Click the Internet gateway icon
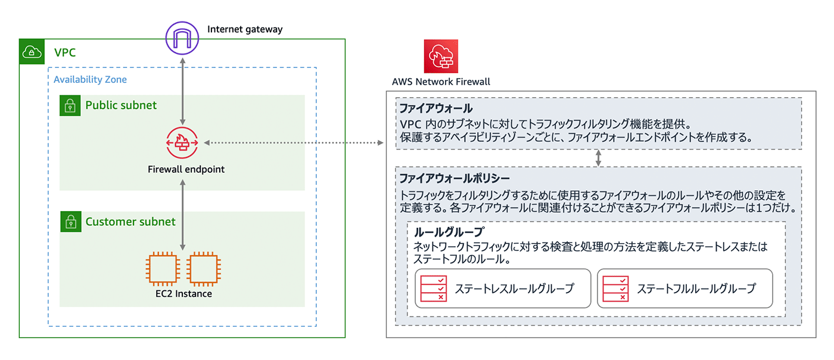tap(182, 38)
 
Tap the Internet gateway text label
tap(245, 29)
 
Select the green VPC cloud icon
tap(32, 52)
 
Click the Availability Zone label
tap(90, 79)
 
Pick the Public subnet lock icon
tap(70, 105)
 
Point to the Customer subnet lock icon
tap(71, 222)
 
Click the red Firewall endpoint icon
tap(182, 142)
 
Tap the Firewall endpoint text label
tap(186, 169)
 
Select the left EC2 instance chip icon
tap(163, 268)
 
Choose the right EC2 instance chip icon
tap(204, 268)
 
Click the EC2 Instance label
tap(183, 294)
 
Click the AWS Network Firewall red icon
tap(441, 56)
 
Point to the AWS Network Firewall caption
tap(441, 82)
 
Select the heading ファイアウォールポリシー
tap(455, 178)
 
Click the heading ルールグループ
tap(449, 232)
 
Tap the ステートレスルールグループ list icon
tap(434, 288)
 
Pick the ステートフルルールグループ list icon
tap(615, 288)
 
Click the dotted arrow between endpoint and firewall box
tap(294, 142)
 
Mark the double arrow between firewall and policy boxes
tap(598, 158)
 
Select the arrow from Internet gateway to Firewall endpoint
tap(182, 91)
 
